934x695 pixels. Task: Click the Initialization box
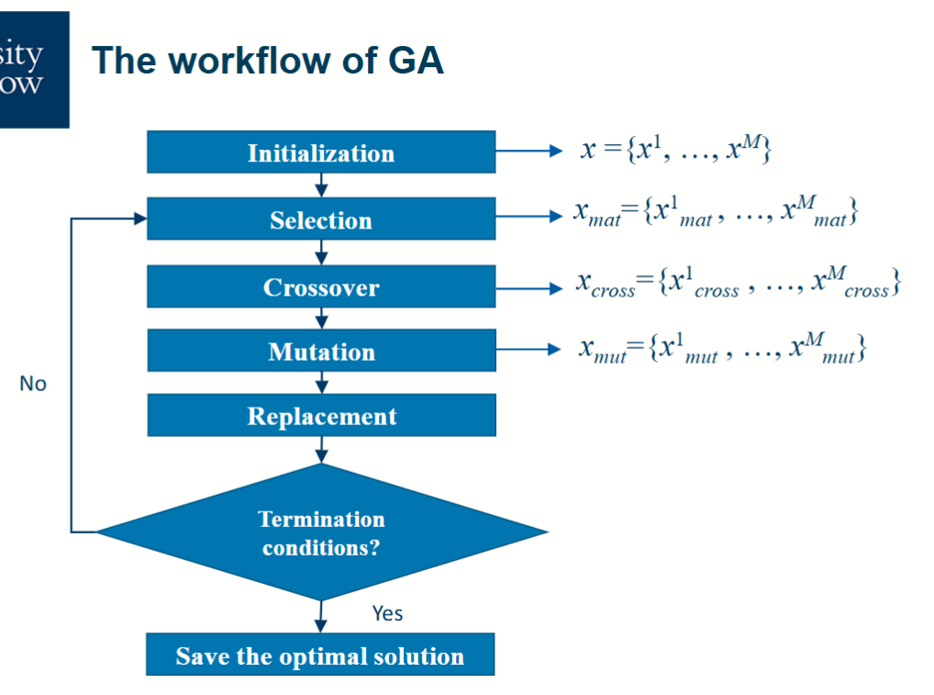click(x=321, y=152)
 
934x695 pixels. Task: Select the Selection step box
click(x=321, y=220)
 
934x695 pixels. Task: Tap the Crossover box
click(x=321, y=287)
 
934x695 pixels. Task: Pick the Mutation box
click(x=321, y=352)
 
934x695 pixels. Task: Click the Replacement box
click(x=321, y=416)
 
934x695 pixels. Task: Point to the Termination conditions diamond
click(x=321, y=532)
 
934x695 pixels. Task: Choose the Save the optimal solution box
click(x=320, y=656)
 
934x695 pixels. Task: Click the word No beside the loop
click(x=33, y=384)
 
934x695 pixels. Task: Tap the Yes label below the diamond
click(x=387, y=613)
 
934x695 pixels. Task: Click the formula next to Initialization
click(x=674, y=150)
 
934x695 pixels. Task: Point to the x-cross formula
click(x=738, y=284)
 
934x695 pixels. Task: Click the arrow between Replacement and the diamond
click(x=321, y=449)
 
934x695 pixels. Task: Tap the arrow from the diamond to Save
click(x=321, y=616)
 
